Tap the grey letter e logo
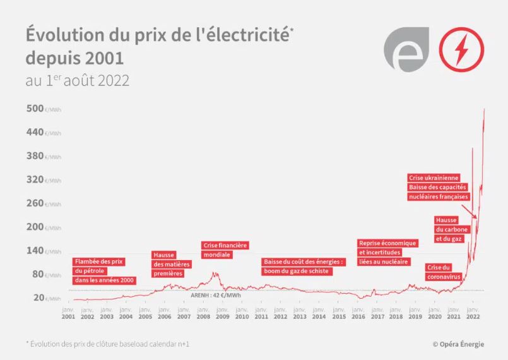[406, 50]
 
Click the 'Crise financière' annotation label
[225, 245]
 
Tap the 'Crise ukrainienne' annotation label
[434, 178]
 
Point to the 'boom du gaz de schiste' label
[296, 271]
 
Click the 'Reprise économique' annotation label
[387, 243]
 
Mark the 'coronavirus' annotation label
[444, 277]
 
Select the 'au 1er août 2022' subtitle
[78, 81]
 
